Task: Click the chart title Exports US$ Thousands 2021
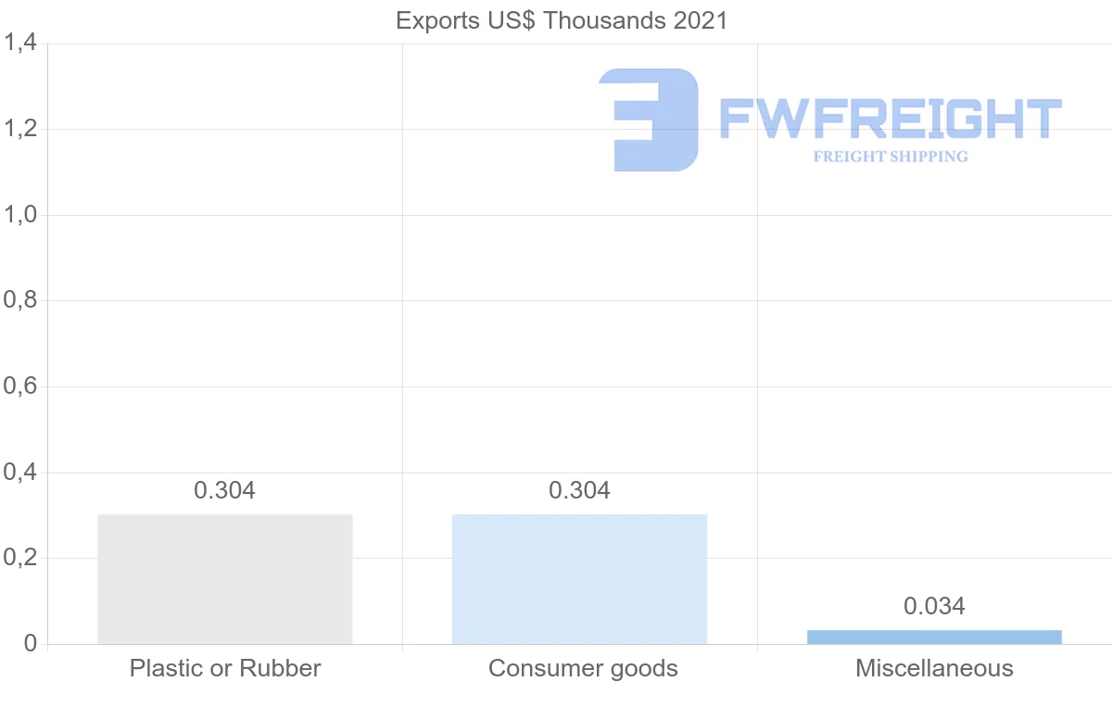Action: (562, 20)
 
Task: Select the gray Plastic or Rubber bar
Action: (225, 579)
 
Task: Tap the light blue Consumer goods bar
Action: (579, 579)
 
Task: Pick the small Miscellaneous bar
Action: (934, 637)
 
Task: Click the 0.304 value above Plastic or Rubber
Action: (224, 490)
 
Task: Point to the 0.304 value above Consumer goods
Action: (579, 490)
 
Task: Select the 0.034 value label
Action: (934, 606)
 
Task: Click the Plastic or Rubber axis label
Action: (225, 668)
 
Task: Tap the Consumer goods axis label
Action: (583, 668)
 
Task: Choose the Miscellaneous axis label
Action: (934, 668)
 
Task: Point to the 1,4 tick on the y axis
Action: (20, 44)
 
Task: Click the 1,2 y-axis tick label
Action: (20, 129)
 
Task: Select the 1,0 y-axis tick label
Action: (20, 215)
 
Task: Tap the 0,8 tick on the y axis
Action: (20, 301)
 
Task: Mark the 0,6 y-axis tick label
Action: (20, 386)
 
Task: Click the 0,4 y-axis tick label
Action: (20, 473)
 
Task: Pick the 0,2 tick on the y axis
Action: (20, 559)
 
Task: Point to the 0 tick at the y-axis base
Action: (30, 644)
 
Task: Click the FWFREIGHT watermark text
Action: (890, 119)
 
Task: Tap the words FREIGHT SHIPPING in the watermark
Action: (890, 157)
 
